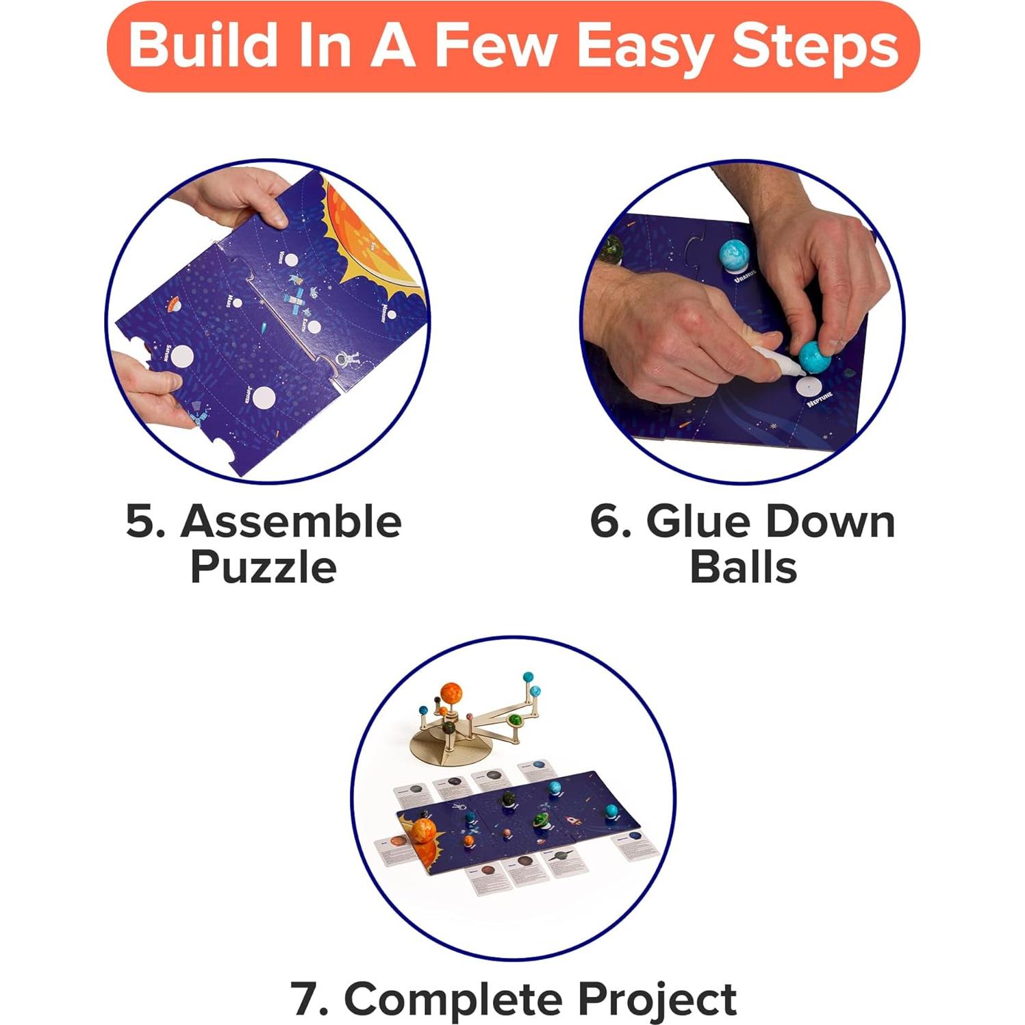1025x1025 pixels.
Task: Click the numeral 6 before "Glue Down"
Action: coord(609,522)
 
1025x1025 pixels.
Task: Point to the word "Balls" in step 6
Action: coord(743,567)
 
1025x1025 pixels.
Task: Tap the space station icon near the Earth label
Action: coord(296,302)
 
